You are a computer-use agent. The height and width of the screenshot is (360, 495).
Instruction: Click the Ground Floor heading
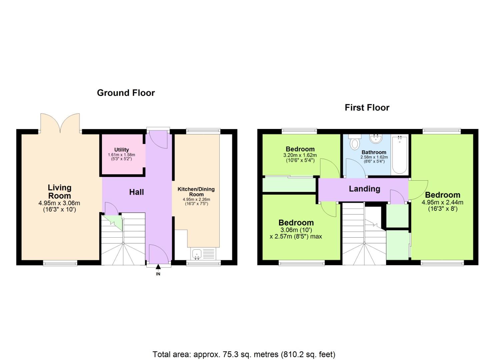pyautogui.click(x=126, y=93)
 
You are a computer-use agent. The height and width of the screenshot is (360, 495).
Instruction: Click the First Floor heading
pyautogui.click(x=367, y=107)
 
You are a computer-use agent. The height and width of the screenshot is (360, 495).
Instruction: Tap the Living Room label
pyautogui.click(x=59, y=192)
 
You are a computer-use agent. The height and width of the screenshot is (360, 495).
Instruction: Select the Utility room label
pyautogui.click(x=121, y=150)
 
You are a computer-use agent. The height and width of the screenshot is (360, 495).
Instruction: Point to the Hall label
pyautogui.click(x=136, y=192)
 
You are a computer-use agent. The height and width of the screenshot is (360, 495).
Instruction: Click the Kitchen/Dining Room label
pyautogui.click(x=196, y=191)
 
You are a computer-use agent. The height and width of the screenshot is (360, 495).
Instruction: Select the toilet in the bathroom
pyautogui.click(x=355, y=142)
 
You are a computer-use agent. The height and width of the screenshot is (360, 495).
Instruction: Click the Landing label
pyautogui.click(x=364, y=189)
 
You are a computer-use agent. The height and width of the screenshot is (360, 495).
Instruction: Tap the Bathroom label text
pyautogui.click(x=374, y=152)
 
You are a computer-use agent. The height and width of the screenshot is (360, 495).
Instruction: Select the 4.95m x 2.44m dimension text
pyautogui.click(x=442, y=202)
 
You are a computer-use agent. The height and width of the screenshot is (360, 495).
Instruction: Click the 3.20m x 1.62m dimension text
pyautogui.click(x=300, y=155)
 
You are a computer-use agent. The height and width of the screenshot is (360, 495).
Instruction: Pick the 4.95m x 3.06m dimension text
pyautogui.click(x=59, y=203)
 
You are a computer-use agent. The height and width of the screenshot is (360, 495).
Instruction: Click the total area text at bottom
pyautogui.click(x=244, y=354)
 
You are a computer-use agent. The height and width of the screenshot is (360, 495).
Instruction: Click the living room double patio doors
pyautogui.click(x=60, y=123)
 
